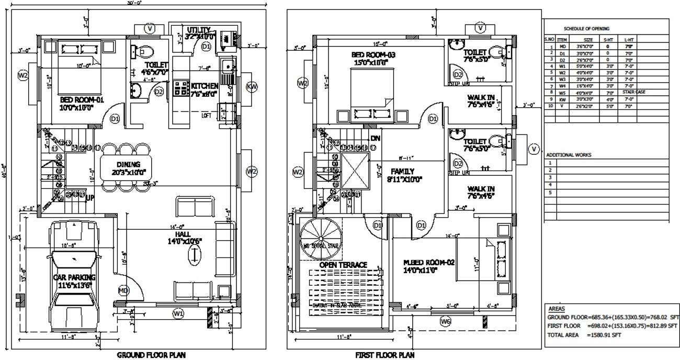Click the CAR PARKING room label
click(73, 277)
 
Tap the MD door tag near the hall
click(123, 290)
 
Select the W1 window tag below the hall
click(178, 313)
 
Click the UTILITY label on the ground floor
click(199, 29)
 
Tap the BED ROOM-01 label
click(76, 99)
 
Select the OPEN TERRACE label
click(343, 265)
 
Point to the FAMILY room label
click(402, 171)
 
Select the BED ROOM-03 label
click(373, 55)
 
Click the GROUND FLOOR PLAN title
click(151, 355)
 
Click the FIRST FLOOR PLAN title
click(386, 355)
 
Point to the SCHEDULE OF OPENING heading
click(586, 28)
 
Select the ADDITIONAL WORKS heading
click(569, 155)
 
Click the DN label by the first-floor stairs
click(375, 138)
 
